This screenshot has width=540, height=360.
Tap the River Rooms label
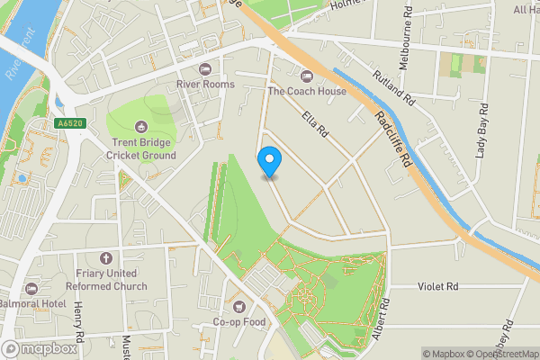(x=204, y=84)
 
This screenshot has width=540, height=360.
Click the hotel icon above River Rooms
(x=204, y=68)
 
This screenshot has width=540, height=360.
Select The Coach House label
(x=307, y=91)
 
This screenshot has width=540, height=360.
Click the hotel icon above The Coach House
(x=307, y=76)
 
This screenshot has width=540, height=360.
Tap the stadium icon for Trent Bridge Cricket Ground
(x=140, y=126)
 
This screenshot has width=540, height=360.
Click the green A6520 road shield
(x=67, y=124)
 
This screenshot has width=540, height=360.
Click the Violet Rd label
(x=438, y=286)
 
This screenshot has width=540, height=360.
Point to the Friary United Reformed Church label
(x=105, y=280)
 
